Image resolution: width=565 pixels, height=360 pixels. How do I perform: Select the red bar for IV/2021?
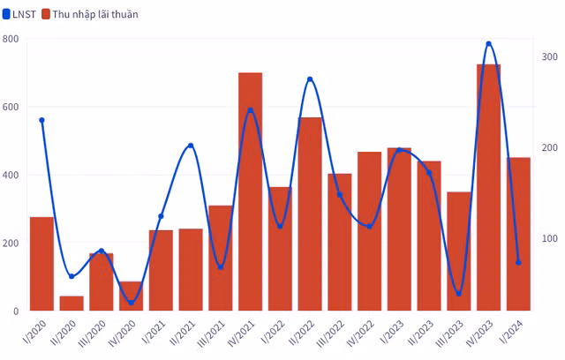250,191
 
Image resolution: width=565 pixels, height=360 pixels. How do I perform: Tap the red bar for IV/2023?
488,187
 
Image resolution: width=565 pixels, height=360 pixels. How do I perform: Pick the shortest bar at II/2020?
72,303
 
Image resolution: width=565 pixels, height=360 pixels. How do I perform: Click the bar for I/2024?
518,234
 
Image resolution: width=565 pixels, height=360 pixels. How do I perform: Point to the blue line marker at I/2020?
41,120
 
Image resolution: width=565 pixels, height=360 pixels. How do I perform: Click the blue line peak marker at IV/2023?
488,43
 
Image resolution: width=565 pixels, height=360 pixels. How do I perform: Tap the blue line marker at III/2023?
458,293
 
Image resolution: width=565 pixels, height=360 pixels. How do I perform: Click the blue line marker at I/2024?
518,262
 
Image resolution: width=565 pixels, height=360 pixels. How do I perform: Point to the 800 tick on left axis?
11,39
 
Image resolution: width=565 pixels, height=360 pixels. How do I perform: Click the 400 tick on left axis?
11,175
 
